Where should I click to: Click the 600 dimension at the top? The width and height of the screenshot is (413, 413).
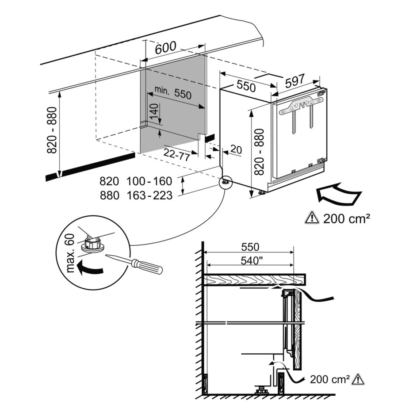point(165,47)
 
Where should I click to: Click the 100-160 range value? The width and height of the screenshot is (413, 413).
point(149,181)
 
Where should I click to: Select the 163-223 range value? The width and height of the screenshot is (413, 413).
point(149,195)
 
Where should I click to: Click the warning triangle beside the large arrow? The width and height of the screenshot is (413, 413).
point(311,218)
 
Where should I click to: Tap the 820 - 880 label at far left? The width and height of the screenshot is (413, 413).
point(53,130)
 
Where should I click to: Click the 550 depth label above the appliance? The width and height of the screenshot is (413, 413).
point(246,86)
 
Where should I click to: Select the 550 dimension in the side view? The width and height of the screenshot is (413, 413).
point(250,247)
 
